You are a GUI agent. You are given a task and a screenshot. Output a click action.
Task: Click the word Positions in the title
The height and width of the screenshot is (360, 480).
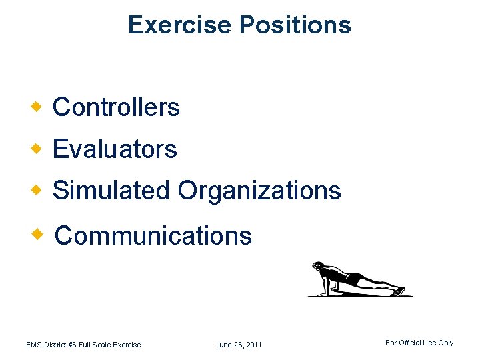[x=295, y=25]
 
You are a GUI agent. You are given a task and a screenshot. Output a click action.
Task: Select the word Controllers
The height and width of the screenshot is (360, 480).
[x=116, y=107]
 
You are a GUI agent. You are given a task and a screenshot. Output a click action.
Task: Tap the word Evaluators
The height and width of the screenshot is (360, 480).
[x=115, y=149]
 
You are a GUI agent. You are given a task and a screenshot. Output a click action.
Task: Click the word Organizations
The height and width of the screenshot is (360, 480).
[x=259, y=191]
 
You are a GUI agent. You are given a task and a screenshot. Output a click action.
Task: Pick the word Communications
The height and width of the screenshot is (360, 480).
[x=153, y=235]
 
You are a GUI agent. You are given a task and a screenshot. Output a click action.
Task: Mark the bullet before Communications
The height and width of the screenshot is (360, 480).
[x=41, y=233]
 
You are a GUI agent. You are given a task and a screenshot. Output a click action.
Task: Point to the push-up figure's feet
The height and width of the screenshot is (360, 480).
[x=398, y=291]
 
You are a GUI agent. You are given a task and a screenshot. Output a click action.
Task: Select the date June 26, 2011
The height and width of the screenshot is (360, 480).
[x=239, y=345]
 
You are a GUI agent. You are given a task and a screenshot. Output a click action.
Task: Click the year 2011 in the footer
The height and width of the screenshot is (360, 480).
[x=253, y=345]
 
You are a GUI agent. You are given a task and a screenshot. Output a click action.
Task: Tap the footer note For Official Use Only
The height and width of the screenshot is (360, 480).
[x=419, y=343]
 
